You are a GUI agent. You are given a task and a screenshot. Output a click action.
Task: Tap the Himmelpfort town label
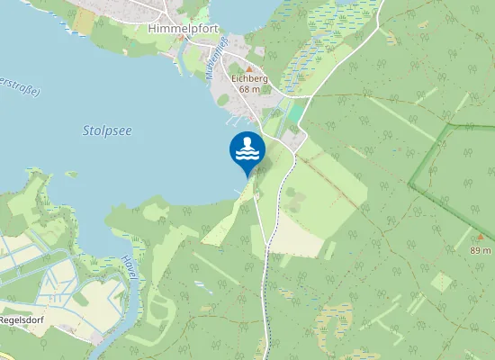point(176,29)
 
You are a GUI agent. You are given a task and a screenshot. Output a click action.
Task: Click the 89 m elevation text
point(481,249)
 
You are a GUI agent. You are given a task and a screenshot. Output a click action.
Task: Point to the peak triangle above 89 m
point(480,238)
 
